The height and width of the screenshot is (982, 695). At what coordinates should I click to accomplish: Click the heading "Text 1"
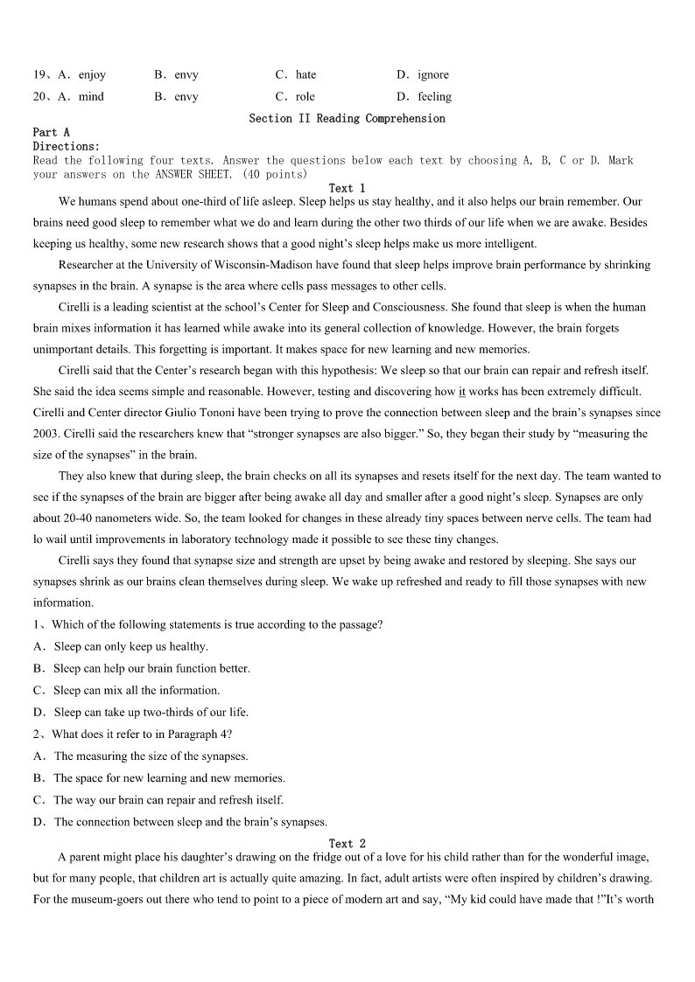pos(347,188)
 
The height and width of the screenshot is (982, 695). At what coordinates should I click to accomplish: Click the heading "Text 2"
pos(347,844)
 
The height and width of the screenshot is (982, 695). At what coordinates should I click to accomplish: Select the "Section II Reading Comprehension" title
pos(347,118)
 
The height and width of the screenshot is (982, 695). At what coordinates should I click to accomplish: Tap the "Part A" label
pos(51,132)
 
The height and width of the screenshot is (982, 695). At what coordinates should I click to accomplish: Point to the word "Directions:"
pos(67,146)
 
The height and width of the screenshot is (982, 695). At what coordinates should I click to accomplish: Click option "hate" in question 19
pos(305,75)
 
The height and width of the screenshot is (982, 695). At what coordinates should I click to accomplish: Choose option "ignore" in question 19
pos(432,75)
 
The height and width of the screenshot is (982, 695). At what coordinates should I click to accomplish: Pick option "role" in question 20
pos(305,97)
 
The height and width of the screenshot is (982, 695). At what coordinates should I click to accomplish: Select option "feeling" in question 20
pos(434,97)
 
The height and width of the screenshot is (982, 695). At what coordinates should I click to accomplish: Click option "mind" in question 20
pos(91,97)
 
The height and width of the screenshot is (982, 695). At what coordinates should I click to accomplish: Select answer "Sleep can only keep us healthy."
pos(130,647)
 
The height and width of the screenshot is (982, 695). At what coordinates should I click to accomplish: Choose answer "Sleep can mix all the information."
pos(137,691)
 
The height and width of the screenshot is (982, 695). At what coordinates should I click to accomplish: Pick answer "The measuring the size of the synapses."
pos(151,756)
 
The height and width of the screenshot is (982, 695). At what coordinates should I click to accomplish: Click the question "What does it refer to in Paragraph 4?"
pos(142,735)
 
